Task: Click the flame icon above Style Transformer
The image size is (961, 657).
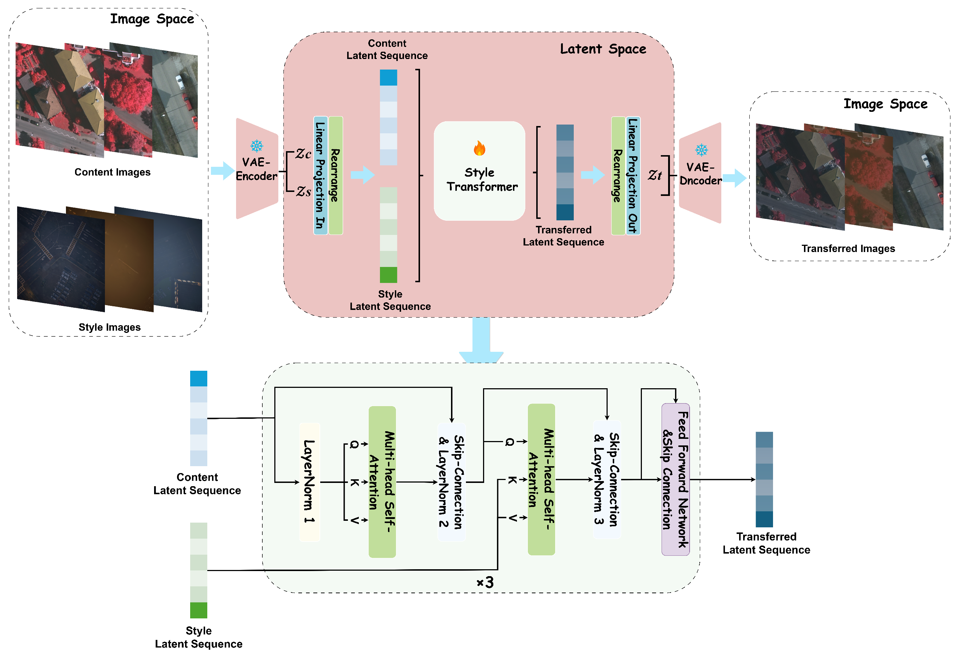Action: pyautogui.click(x=479, y=148)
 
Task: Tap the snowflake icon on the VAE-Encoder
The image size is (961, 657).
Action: pyautogui.click(x=257, y=146)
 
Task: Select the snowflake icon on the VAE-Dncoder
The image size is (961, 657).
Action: pyautogui.click(x=701, y=150)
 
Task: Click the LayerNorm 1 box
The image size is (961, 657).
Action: pyautogui.click(x=309, y=482)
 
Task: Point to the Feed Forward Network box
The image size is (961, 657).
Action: pyautogui.click(x=675, y=479)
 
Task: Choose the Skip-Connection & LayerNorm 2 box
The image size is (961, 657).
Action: pyautogui.click(x=452, y=482)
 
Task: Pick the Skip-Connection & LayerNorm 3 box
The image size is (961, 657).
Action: pyautogui.click(x=607, y=479)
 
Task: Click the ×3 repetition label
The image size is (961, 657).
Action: pyautogui.click(x=485, y=582)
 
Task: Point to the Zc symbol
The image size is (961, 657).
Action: pyautogui.click(x=303, y=154)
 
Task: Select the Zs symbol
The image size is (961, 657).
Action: pyautogui.click(x=303, y=192)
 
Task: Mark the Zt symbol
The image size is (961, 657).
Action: pyautogui.click(x=655, y=175)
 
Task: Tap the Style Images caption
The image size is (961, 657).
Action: pyautogui.click(x=110, y=327)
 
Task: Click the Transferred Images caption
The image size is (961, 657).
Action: pyautogui.click(x=848, y=248)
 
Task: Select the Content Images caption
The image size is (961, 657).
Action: pyautogui.click(x=113, y=172)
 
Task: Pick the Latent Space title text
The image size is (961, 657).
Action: pyautogui.click(x=603, y=49)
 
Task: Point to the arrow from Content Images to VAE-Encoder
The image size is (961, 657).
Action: pyautogui.click(x=223, y=171)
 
